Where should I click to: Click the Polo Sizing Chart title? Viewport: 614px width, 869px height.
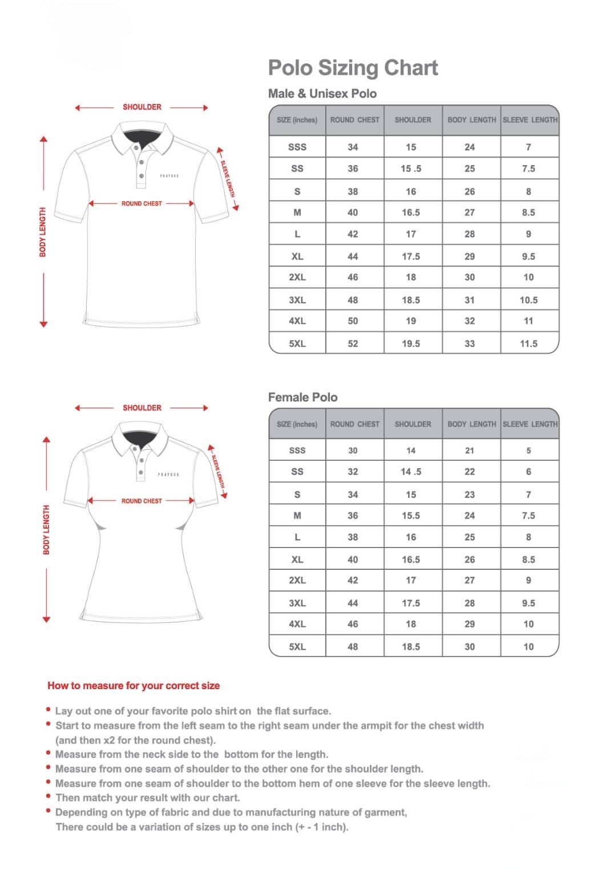pyautogui.click(x=353, y=68)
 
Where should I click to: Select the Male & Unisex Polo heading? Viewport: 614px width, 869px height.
pyautogui.click(x=322, y=94)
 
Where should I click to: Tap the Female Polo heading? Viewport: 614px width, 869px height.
pyautogui.click(x=302, y=397)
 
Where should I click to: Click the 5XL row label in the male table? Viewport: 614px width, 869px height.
pyautogui.click(x=297, y=344)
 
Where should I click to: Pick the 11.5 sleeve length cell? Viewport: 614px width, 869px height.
pyautogui.click(x=528, y=344)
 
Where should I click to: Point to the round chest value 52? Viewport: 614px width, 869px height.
pyautogui.click(x=353, y=344)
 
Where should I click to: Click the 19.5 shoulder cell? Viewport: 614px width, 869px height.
pyautogui.click(x=411, y=344)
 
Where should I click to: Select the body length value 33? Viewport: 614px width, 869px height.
pyautogui.click(x=470, y=344)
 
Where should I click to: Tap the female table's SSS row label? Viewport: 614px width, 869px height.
pyautogui.click(x=297, y=450)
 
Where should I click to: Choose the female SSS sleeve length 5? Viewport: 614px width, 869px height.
pyautogui.click(x=528, y=450)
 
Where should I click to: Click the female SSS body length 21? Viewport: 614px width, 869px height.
pyautogui.click(x=470, y=450)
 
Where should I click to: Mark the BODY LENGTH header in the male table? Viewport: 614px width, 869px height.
pyautogui.click(x=472, y=120)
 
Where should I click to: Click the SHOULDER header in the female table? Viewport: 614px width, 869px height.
pyautogui.click(x=413, y=424)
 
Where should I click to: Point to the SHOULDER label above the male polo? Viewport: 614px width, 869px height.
pyautogui.click(x=142, y=107)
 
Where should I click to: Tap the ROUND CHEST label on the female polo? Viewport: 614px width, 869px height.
pyautogui.click(x=142, y=501)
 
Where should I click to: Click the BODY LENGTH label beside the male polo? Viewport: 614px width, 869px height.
pyautogui.click(x=43, y=232)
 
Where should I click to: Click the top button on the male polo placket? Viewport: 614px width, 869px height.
pyautogui.click(x=136, y=148)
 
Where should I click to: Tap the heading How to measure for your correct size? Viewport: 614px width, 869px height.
pyautogui.click(x=134, y=686)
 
